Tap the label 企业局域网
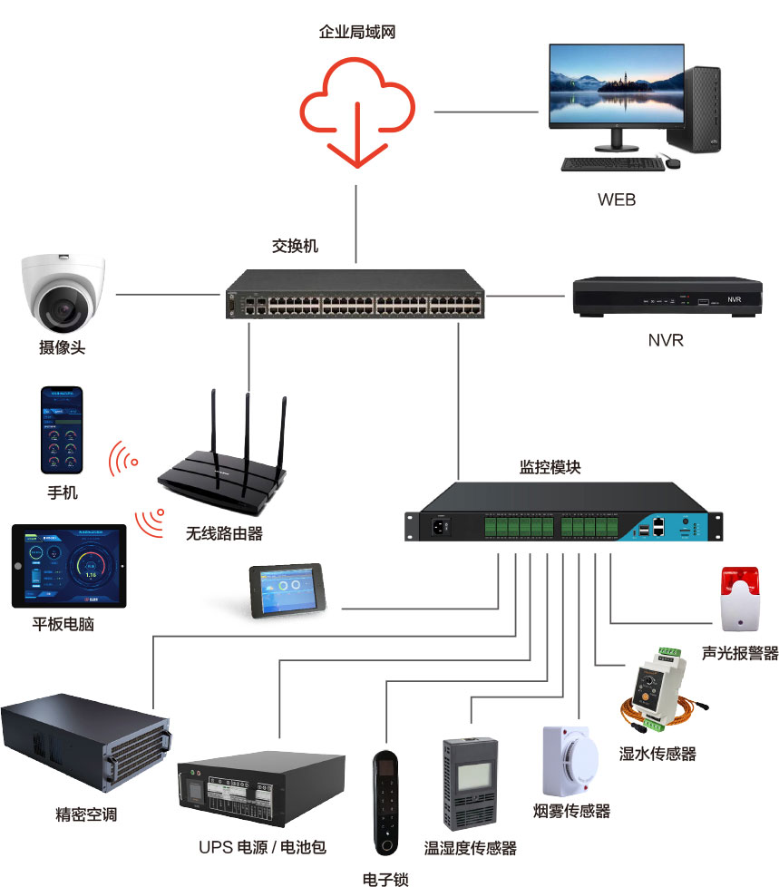pyautogui.click(x=357, y=33)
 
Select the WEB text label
pyautogui.click(x=617, y=200)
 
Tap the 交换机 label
pyautogui.click(x=296, y=246)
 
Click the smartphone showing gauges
pyautogui.click(x=62, y=432)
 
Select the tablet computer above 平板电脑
pyautogui.click(x=69, y=564)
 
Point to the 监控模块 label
pyautogui.click(x=550, y=468)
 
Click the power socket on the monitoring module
pyautogui.click(x=444, y=525)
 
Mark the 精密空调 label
pyautogui.click(x=86, y=814)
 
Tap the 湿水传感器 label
pyautogui.click(x=657, y=753)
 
